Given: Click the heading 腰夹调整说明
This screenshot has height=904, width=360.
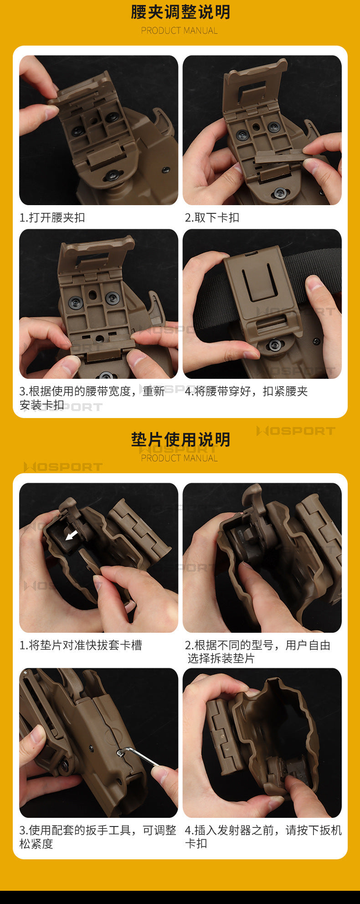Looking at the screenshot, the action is [180, 12].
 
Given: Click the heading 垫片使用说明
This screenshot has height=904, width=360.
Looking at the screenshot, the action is [180, 439].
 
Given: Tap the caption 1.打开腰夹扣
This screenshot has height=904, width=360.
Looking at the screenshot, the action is [52, 217].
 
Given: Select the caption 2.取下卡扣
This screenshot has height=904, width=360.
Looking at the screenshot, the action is [212, 217].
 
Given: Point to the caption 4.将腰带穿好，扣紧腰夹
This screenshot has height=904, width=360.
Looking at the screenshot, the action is [246, 391].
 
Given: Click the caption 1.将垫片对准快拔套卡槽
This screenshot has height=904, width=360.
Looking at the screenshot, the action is [81, 645].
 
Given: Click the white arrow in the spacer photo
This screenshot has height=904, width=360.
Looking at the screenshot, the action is [72, 535].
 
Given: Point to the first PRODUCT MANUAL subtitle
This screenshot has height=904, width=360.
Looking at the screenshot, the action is [179, 31].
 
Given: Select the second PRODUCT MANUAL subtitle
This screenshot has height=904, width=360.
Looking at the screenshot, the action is [179, 458].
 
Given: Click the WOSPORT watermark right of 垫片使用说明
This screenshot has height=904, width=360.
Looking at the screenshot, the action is [296, 431].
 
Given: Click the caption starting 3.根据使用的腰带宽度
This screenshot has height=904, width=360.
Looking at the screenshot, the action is [92, 398].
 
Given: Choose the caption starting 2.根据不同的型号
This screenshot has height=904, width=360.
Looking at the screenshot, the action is [257, 652].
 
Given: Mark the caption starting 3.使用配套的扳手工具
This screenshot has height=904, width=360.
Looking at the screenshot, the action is [98, 837].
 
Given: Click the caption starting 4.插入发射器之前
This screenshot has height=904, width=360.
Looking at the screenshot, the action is [263, 837].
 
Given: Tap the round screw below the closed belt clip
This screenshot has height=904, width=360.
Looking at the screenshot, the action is [274, 345].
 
